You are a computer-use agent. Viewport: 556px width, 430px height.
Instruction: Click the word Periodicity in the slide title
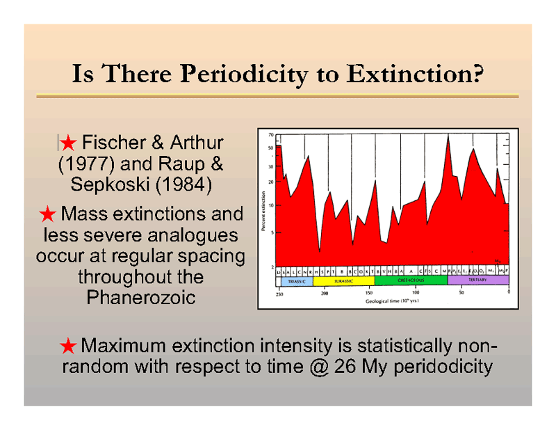[247, 73]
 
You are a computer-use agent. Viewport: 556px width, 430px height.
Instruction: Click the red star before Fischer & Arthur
[67, 143]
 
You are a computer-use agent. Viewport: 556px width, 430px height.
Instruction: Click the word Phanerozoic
[140, 298]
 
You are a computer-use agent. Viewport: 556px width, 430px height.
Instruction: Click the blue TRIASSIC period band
[294, 280]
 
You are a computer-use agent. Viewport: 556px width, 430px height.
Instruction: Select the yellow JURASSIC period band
[343, 280]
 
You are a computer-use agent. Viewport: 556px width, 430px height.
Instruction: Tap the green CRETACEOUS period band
[410, 280]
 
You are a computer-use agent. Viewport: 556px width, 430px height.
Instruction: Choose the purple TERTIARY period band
[477, 280]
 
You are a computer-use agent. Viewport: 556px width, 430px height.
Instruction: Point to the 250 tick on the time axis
[279, 294]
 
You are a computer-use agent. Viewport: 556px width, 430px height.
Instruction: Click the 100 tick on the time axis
[416, 294]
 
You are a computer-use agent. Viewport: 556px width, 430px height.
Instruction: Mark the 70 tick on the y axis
[270, 135]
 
